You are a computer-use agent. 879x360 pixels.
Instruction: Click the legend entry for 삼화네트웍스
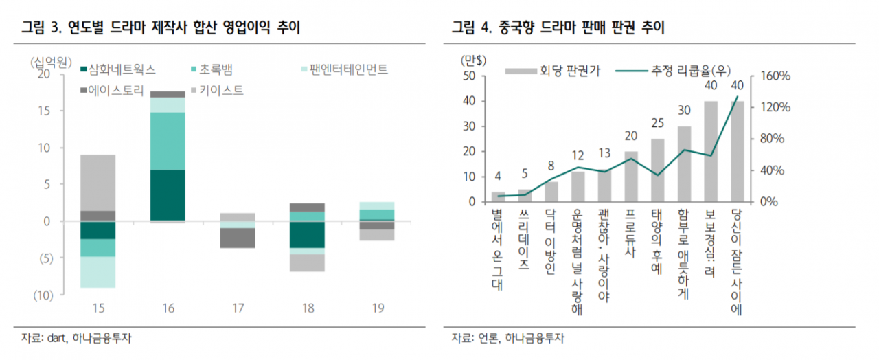pos(118,69)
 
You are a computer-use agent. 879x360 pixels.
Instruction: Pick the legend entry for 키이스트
pos(216,90)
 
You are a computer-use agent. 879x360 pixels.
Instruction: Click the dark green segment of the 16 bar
pos(168,195)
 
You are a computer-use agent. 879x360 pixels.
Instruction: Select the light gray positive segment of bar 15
pos(98,182)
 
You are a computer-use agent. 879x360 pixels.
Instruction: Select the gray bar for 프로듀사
pos(630,177)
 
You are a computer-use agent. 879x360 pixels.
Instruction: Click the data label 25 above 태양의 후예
pos(657,124)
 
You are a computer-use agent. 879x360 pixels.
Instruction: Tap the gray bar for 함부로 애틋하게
pos(684,164)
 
